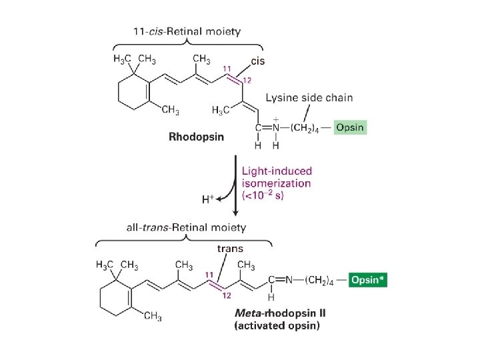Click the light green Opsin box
[x=350, y=127]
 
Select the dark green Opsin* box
[x=368, y=280]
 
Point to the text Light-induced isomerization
[x=275, y=177]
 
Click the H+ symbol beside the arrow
[x=209, y=199]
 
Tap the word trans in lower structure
[x=230, y=249]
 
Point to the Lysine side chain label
[x=309, y=98]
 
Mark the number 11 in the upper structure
[x=227, y=69]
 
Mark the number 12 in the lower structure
[x=227, y=295]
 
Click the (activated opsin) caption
[x=277, y=326]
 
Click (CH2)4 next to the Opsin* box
[x=321, y=280]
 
